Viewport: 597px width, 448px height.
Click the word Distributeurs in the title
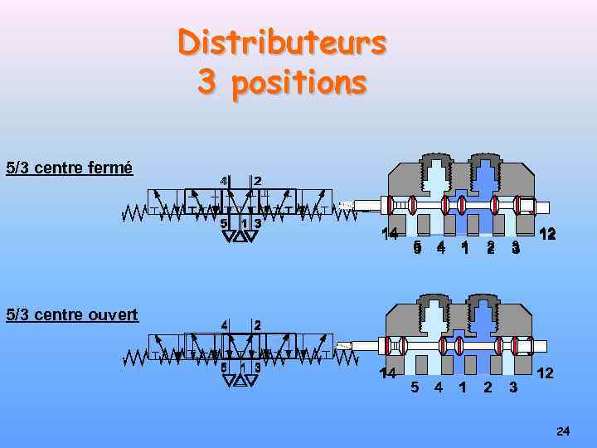click(x=282, y=42)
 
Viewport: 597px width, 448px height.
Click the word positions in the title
click(x=299, y=83)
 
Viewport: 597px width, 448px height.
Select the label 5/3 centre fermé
click(x=69, y=168)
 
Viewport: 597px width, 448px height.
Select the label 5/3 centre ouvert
click(x=71, y=314)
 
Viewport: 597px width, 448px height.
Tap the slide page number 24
click(x=563, y=431)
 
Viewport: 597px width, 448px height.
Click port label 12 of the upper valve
click(x=546, y=234)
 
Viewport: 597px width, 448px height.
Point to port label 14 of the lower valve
click(x=387, y=373)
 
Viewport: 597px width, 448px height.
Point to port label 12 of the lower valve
click(x=545, y=373)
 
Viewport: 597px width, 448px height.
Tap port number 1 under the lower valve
click(x=462, y=387)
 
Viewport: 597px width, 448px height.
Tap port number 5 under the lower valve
click(x=415, y=387)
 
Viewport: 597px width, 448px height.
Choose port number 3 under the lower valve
click(x=513, y=387)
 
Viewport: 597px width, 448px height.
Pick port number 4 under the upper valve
click(x=440, y=246)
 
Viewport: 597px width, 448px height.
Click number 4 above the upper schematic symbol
click(x=223, y=181)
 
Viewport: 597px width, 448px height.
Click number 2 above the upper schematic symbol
click(x=257, y=181)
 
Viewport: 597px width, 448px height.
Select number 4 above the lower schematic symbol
click(x=223, y=324)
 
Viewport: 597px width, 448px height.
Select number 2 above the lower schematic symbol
click(x=257, y=324)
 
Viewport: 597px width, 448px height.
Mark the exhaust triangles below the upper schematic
click(x=240, y=236)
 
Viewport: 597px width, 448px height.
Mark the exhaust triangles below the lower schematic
click(x=240, y=381)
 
